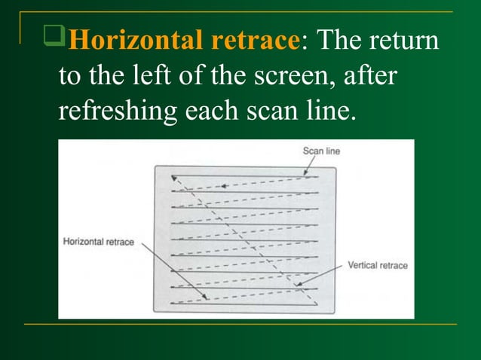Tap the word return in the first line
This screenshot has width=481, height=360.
pyautogui.click(x=405, y=41)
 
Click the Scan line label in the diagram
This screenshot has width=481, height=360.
pyautogui.click(x=321, y=151)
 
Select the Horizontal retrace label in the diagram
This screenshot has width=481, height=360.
pyautogui.click(x=99, y=242)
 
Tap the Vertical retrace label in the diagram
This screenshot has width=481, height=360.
pyautogui.click(x=377, y=266)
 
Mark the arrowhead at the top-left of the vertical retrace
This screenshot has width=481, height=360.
pyautogui.click(x=174, y=178)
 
